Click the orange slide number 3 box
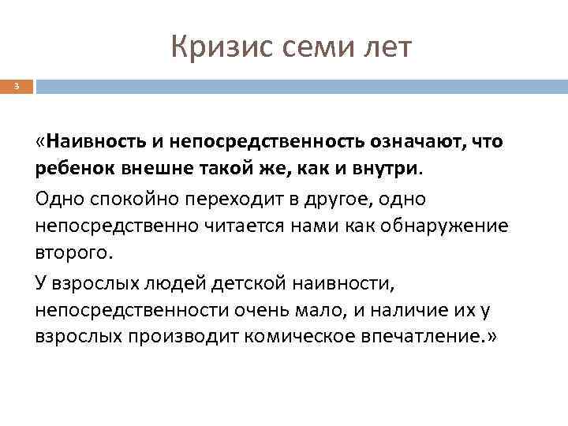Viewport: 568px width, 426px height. click(17, 85)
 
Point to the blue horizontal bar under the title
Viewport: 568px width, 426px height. click(300, 85)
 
